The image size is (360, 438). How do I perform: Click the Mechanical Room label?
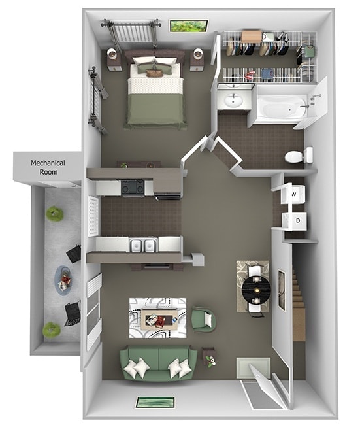point(44,167)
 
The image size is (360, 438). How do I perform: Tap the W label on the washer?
point(294,194)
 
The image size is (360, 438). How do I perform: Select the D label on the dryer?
point(297,221)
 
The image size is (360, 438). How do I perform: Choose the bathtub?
point(280,107)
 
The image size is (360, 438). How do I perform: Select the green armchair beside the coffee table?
point(203,320)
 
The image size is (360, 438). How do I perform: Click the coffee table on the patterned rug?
point(157,319)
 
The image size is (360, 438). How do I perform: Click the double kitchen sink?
point(143,245)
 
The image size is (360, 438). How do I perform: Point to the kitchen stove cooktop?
point(133,188)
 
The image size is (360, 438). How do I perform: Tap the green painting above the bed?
point(189,26)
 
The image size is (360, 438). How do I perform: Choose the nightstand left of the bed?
point(116,59)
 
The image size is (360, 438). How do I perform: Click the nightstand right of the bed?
point(197,59)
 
